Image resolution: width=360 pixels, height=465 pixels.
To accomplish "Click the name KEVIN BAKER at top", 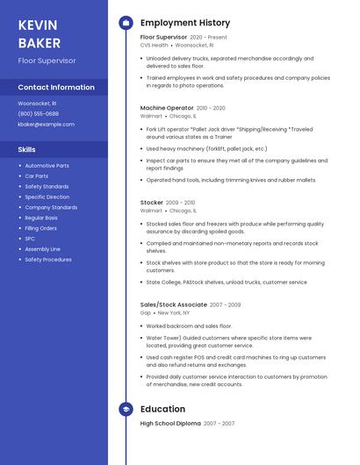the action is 40,33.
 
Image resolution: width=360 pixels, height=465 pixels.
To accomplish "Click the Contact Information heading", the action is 56,87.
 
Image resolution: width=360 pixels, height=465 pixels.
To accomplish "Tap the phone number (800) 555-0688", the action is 39,114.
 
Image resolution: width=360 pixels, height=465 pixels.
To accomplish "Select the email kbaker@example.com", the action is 46,125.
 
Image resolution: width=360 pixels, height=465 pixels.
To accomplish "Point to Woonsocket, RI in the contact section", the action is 37,104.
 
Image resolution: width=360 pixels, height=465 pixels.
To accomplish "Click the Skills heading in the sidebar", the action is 27,150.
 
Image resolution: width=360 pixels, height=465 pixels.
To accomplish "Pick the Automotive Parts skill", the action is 47,166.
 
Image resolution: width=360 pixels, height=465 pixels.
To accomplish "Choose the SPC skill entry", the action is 30,239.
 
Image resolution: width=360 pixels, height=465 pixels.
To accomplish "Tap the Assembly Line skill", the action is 42,249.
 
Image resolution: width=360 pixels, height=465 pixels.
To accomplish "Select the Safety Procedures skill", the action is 48,260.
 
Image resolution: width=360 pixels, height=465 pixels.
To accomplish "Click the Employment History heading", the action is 185,23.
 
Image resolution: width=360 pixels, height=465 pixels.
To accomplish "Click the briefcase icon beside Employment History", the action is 126,23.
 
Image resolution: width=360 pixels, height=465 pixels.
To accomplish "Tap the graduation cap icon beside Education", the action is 126,409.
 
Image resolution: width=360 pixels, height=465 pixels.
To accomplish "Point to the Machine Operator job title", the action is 168,108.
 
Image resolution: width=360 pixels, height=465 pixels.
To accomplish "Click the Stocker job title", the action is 152,203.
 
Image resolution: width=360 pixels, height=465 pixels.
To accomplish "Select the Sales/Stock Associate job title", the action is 173,304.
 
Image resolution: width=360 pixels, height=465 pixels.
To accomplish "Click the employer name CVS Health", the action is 154,45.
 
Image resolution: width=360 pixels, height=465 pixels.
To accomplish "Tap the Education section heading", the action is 162,409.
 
